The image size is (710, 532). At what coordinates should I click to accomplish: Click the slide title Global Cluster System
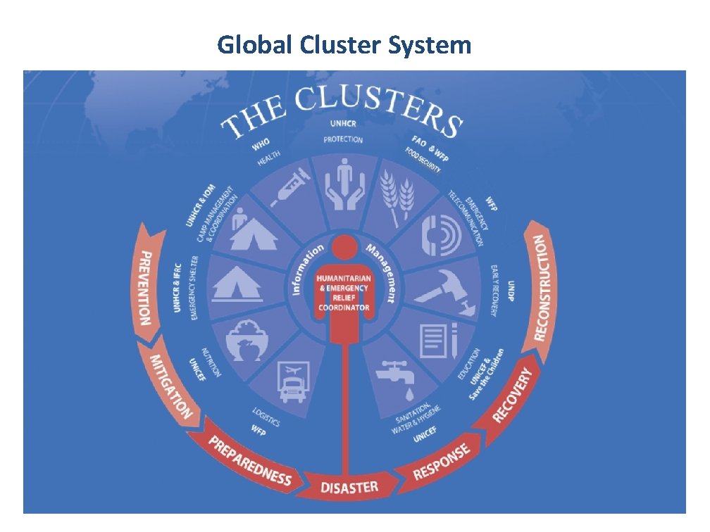click(344, 45)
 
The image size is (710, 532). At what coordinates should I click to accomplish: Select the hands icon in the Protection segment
click(343, 184)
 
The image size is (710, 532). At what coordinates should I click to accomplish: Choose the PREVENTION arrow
click(148, 284)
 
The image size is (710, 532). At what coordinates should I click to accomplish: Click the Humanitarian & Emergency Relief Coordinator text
click(344, 289)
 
